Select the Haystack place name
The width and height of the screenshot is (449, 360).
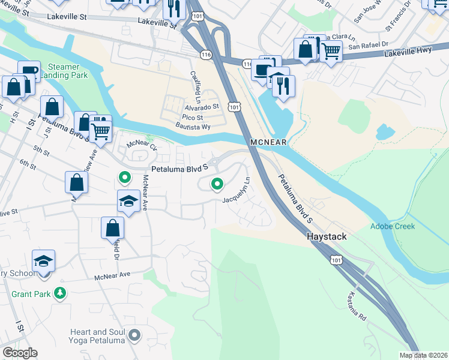pyautogui.click(x=327, y=237)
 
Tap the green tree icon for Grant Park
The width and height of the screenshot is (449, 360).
pyautogui.click(x=59, y=293)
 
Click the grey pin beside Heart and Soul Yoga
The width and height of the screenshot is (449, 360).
pyautogui.click(x=134, y=336)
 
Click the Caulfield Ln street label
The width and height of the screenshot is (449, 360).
pyautogui.click(x=195, y=85)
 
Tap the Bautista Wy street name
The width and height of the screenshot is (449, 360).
pyautogui.click(x=193, y=127)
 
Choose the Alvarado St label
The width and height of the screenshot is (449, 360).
pyautogui.click(x=201, y=107)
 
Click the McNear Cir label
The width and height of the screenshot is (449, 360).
pyautogui.click(x=142, y=145)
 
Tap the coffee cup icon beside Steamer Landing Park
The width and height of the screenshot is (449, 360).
pyautogui.click(x=29, y=71)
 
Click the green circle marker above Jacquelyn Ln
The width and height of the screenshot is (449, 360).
pyautogui.click(x=216, y=184)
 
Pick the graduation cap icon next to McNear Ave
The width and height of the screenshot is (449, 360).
pyautogui.click(x=128, y=202)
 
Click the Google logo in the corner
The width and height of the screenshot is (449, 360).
pyautogui.click(x=20, y=353)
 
